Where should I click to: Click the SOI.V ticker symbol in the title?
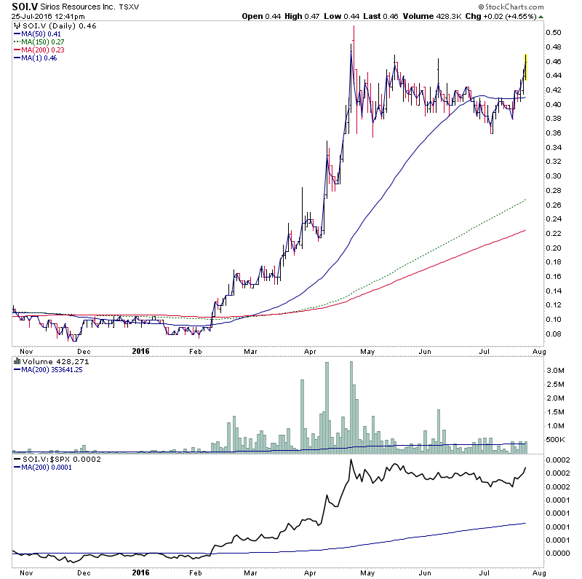pos(23,7)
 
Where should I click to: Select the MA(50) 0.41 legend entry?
pos(36,34)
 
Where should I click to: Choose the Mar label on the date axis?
pos(252,351)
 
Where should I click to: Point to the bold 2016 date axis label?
pos(141,351)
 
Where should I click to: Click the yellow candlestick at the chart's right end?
pos(525,68)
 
